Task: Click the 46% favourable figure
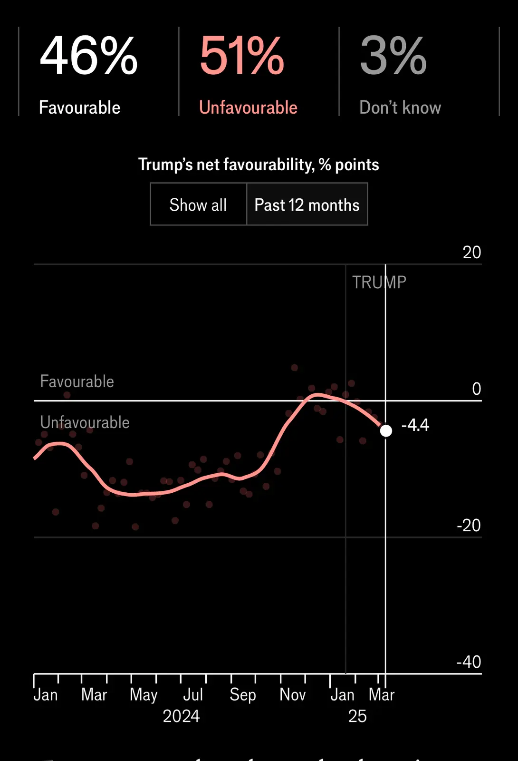(89, 56)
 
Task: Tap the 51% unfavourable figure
(242, 56)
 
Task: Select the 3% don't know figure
(393, 56)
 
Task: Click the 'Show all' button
(198, 205)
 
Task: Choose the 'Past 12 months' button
(307, 205)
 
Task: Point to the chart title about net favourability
(259, 165)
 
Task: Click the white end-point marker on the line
(386, 430)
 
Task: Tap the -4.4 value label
(415, 425)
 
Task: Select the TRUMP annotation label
(379, 282)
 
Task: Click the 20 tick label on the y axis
(471, 252)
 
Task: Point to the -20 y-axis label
(469, 525)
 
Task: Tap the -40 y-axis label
(469, 662)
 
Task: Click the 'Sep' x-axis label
(242, 694)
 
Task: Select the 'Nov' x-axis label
(292, 694)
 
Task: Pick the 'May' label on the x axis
(144, 694)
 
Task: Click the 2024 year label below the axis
(181, 716)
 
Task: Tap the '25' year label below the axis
(357, 716)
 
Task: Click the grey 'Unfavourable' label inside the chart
(85, 422)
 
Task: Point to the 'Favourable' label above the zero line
(77, 381)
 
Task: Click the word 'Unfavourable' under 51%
(248, 107)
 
